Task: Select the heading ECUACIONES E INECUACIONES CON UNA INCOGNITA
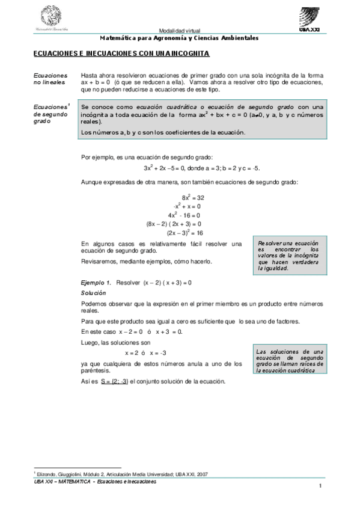click(x=121, y=54)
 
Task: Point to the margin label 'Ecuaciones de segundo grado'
click(x=51, y=114)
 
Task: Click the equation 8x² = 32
click(x=194, y=197)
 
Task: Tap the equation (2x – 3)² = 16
click(x=184, y=232)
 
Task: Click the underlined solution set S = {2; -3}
click(x=114, y=381)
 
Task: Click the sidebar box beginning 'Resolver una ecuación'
click(x=288, y=255)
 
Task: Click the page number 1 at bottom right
click(x=322, y=487)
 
